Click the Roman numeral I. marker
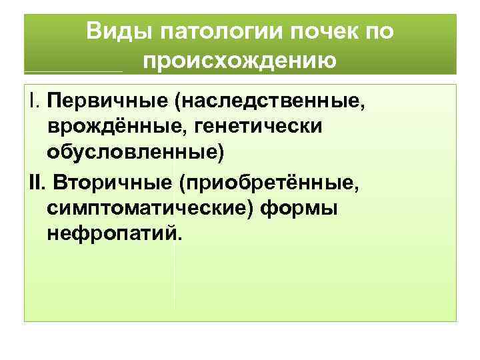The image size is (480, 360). pos(33,102)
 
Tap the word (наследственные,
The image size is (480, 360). pos(270,102)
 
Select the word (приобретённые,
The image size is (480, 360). pos(268,181)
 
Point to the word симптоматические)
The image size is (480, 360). pos(151,208)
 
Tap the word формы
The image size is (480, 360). pos(299,208)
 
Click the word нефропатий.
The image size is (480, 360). pos(111,233)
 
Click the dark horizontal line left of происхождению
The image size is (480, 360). pos(73,71)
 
